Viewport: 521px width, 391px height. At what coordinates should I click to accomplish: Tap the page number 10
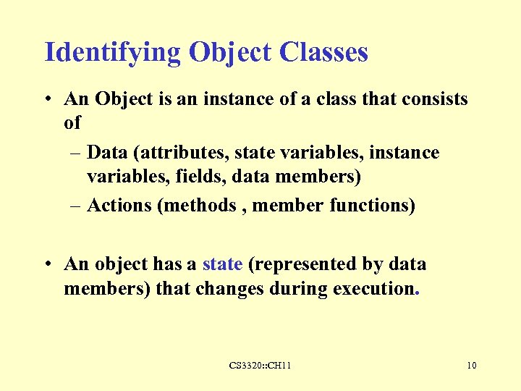(x=471, y=366)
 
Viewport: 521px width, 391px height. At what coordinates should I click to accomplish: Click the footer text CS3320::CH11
(x=260, y=366)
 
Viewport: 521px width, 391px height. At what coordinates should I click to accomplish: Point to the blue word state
(x=222, y=264)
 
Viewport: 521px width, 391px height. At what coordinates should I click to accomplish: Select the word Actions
(x=119, y=206)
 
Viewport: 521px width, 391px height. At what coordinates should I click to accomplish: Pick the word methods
(x=200, y=206)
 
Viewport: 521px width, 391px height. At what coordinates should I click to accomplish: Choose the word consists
(x=433, y=98)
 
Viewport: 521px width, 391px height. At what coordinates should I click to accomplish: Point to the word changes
(x=227, y=289)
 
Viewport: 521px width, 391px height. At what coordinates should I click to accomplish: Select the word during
(x=296, y=289)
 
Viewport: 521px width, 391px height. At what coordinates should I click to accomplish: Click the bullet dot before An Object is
(x=48, y=100)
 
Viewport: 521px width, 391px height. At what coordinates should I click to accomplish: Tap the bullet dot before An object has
(x=48, y=265)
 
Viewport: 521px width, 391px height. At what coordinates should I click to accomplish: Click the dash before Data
(x=76, y=154)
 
